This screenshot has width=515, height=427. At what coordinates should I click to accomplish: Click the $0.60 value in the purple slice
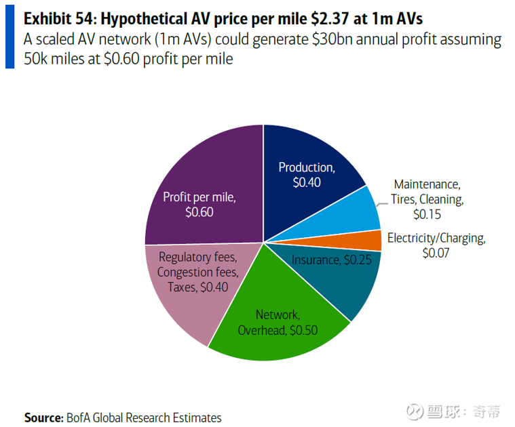click(199, 211)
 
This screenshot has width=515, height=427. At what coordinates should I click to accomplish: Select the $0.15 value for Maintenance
click(427, 214)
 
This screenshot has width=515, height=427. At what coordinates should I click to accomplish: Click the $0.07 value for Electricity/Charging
click(436, 253)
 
